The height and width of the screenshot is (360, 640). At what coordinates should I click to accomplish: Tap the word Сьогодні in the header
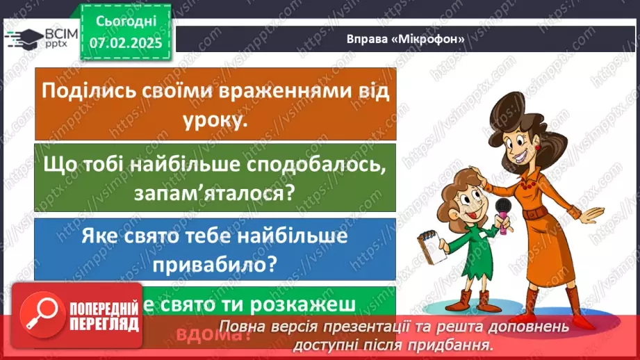[x=125, y=23]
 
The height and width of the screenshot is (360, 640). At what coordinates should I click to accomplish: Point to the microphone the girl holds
[x=502, y=206]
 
